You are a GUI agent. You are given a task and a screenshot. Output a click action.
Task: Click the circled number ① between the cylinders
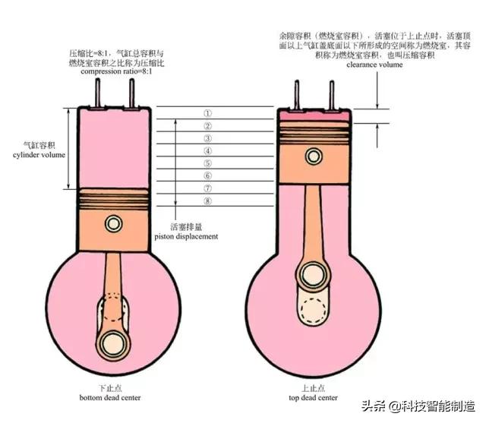pos(207,113)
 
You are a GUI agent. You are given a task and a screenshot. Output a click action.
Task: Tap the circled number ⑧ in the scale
pos(207,200)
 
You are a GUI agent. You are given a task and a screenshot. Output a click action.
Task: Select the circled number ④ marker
pos(207,151)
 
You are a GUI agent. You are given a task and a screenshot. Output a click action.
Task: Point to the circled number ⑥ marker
pos(207,175)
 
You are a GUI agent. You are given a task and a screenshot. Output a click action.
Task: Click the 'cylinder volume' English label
pos(39,155)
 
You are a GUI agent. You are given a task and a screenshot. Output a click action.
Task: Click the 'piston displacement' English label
pos(186,237)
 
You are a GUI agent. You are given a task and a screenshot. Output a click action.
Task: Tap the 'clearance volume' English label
pos(374,65)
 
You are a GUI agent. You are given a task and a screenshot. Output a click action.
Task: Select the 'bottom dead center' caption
pos(110,398)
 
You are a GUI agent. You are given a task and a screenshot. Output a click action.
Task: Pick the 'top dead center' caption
pos(313,398)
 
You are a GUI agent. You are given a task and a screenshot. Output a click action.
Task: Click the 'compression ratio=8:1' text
pos(116,71)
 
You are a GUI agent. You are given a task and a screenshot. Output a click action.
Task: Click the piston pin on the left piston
pos(113,223)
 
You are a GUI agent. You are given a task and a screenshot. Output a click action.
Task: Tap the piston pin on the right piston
pos(314,156)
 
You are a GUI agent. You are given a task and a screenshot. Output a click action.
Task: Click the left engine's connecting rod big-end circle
pos(113,344)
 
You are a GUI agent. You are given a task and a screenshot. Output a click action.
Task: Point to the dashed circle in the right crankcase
pos(314,310)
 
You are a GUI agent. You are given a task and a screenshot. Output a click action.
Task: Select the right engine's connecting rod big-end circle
pos(314,276)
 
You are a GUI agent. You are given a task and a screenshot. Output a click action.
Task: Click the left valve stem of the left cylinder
pos(98,93)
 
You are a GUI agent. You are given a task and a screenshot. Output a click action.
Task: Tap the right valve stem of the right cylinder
pos(332,95)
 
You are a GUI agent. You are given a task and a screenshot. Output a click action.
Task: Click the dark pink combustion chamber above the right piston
pos(315,115)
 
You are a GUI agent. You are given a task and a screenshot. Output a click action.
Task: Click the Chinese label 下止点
pos(110,387)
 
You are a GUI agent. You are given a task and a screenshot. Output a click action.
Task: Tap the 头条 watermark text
pos(374,406)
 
